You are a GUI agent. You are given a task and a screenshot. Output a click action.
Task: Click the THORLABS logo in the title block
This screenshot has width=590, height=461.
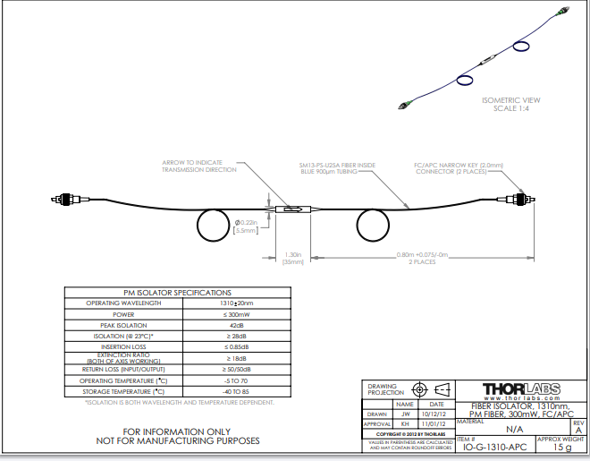coord(521,389)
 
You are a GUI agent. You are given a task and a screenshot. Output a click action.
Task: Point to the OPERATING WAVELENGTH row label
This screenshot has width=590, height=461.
coord(122,303)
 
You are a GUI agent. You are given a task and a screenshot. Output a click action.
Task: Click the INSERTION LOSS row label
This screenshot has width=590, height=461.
coord(122,346)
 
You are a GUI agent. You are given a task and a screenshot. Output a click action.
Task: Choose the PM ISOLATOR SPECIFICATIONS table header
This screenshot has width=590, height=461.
coord(177,293)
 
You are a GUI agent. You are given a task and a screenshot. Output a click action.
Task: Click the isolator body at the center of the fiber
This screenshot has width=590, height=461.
coord(291,209)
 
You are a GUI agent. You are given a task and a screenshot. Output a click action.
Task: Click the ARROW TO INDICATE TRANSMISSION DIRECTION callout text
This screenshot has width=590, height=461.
coord(198,166)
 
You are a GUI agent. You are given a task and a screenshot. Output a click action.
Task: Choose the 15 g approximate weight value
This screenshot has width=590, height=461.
coord(562,447)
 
